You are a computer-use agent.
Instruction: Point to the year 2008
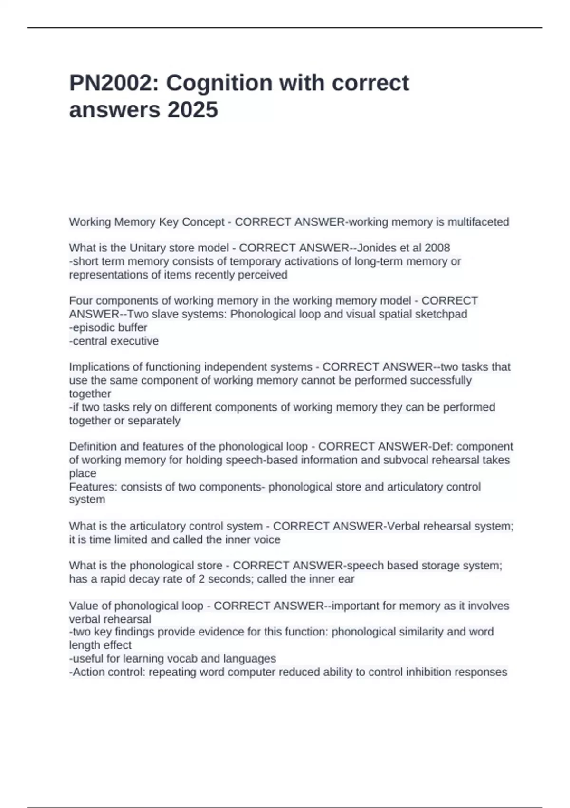click(437, 248)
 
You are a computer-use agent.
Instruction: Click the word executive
click(137, 341)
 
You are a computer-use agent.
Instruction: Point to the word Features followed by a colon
click(93, 487)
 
